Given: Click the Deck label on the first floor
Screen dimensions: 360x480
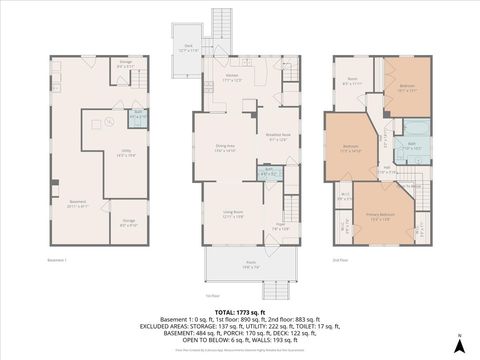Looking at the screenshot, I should [x=189, y=46].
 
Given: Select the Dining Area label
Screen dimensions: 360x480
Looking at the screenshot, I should [x=225, y=147].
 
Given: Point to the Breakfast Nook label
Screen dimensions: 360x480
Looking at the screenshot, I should [x=277, y=137].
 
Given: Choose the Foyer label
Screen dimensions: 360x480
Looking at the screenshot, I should [x=281, y=226].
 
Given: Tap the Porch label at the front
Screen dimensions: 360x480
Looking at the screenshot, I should [x=249, y=266].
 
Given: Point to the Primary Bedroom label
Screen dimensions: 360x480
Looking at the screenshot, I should [x=379, y=218].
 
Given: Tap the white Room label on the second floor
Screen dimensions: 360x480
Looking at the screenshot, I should [x=352, y=82].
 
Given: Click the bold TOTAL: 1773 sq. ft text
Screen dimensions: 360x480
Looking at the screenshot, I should [x=240, y=314].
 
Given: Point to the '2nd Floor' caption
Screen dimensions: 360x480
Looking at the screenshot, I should [x=341, y=260].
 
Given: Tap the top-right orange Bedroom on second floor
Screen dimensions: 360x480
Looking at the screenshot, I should [x=407, y=87].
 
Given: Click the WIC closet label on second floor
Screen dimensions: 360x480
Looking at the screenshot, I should [x=344, y=197].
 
